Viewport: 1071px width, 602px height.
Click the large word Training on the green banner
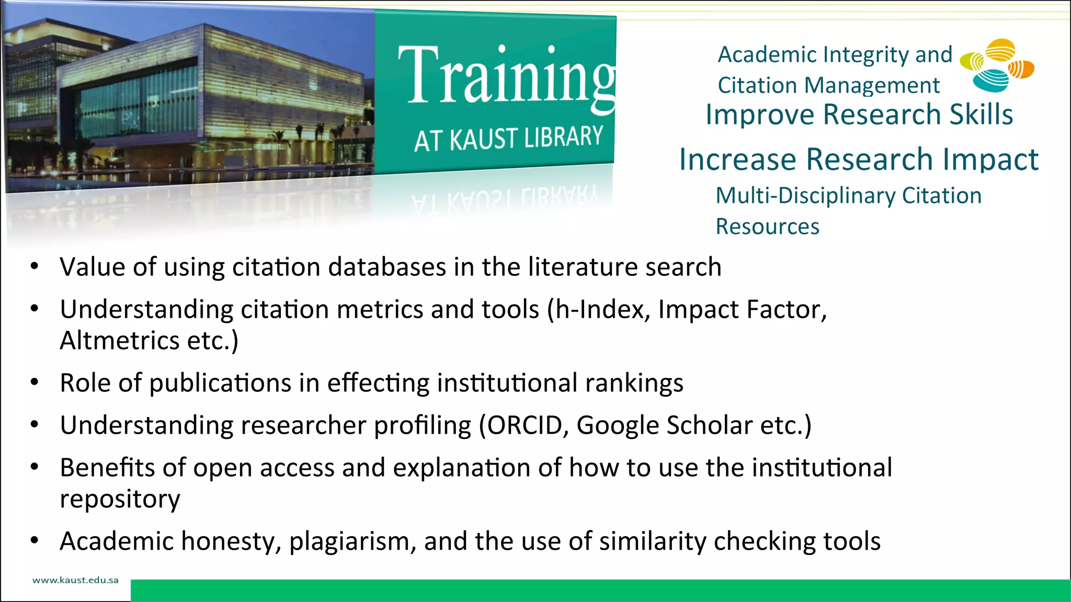(x=506, y=76)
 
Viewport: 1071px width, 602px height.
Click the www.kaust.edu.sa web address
(x=75, y=580)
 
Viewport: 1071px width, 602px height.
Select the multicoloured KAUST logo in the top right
(x=997, y=65)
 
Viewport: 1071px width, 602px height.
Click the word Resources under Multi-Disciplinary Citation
(x=767, y=227)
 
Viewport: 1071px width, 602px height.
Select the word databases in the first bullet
(x=387, y=267)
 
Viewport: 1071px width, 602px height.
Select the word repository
(x=120, y=500)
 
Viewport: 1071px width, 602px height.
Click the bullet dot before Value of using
(x=35, y=267)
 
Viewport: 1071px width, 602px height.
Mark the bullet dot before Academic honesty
(x=35, y=540)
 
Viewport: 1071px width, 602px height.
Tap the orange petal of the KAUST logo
(x=1021, y=69)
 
